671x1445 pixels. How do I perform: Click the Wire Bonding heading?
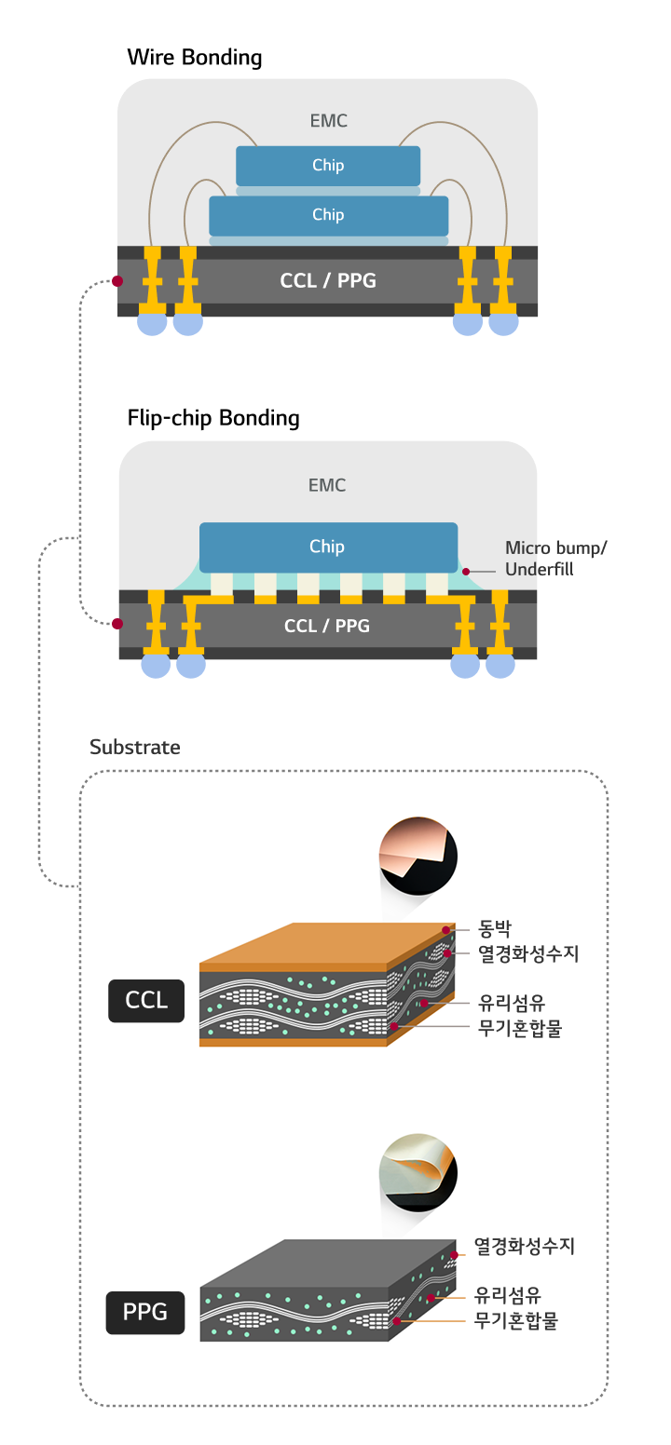[194, 58]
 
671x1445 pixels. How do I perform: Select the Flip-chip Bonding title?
[212, 418]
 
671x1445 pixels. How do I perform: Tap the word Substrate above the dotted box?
[134, 748]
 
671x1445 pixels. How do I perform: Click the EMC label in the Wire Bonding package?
[328, 121]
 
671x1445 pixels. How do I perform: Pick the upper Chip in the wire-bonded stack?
[328, 166]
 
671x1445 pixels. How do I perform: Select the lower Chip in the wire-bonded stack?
[328, 215]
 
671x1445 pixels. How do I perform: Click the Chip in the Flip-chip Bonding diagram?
[327, 547]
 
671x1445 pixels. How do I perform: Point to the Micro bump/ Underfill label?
[555, 559]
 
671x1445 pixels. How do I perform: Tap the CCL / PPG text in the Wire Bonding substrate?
[328, 280]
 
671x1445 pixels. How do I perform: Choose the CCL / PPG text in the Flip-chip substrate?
[327, 627]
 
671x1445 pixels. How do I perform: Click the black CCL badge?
[146, 1001]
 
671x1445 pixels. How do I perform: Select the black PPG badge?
[145, 1313]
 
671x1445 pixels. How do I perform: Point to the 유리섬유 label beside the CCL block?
[511, 1003]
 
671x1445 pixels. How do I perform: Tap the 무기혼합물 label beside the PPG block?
[516, 1320]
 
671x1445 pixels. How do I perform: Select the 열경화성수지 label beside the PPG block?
[525, 1246]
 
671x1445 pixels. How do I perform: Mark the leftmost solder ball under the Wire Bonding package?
[152, 323]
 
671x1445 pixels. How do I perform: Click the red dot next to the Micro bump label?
[466, 571]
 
